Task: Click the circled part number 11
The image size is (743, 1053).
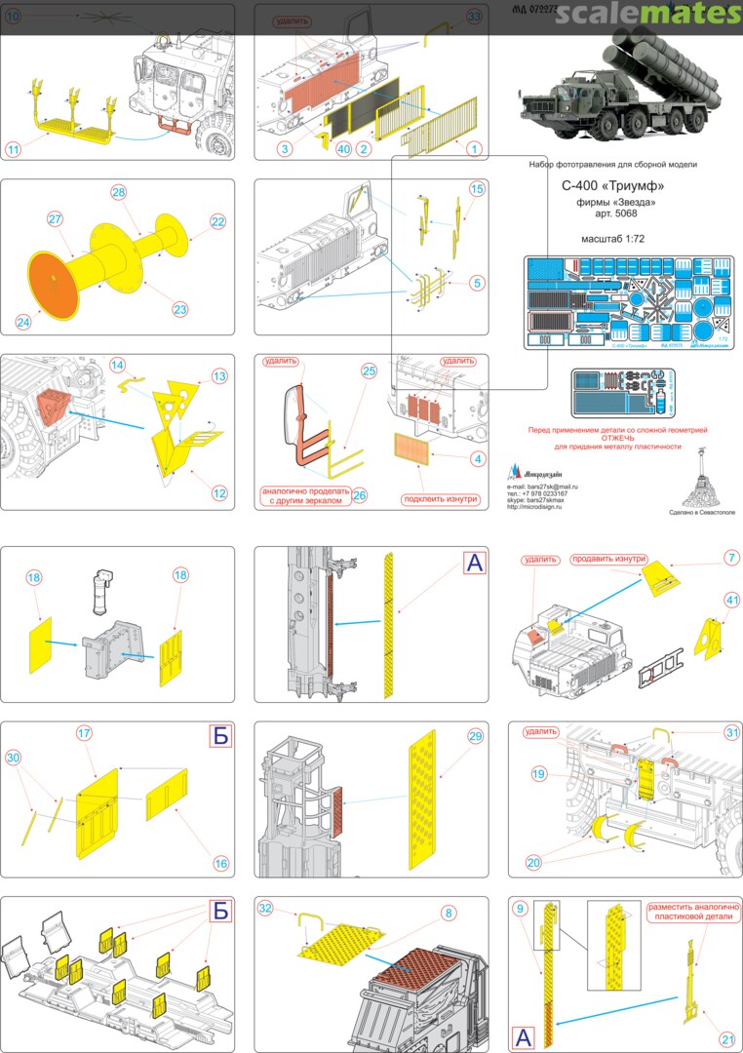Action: (x=13, y=150)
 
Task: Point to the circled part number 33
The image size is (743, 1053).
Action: (x=474, y=18)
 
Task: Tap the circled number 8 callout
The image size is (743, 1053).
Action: (x=448, y=913)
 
